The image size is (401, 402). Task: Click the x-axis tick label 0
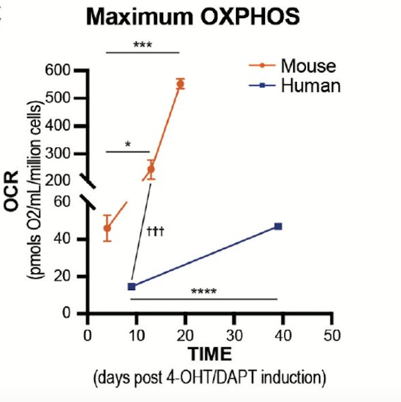[88, 335]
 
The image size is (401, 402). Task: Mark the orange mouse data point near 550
[180, 84]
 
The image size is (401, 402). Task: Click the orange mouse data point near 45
[107, 228]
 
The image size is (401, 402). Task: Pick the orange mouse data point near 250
[151, 169]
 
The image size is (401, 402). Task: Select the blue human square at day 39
[278, 226]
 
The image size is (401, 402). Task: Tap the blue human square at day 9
[131, 286]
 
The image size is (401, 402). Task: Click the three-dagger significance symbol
[155, 231]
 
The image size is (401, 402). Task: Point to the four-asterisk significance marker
[204, 293]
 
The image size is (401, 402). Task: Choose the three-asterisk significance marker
[143, 45]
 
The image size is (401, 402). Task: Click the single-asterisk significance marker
[128, 145]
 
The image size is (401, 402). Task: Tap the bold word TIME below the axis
[208, 353]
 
